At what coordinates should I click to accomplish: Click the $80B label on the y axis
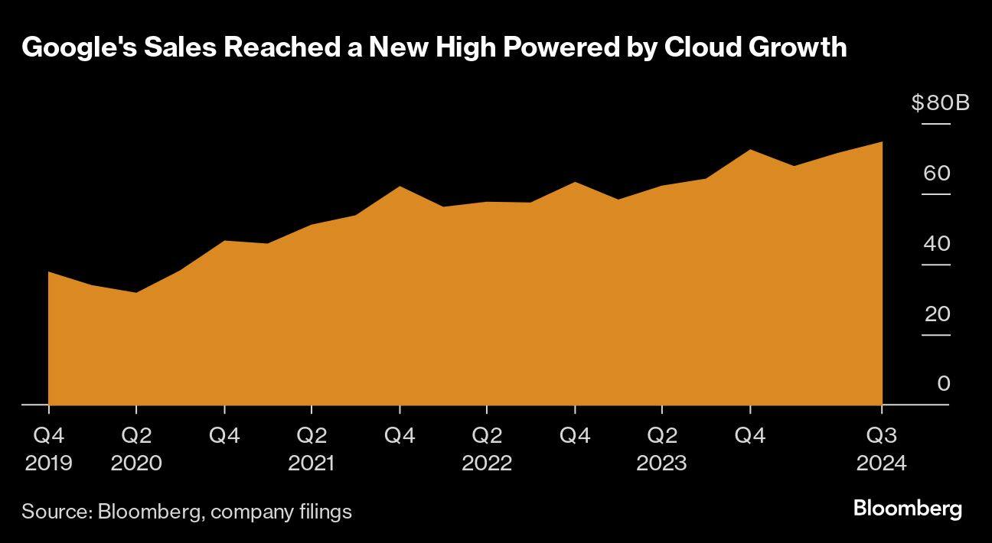coord(940,102)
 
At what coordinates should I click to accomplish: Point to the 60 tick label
coord(937,174)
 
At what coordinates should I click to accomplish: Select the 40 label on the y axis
coord(937,244)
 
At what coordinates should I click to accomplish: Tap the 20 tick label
coord(937,314)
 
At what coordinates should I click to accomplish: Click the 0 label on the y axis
coord(943,384)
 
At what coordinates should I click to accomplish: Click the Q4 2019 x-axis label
coord(48,449)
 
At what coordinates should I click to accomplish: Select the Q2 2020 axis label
coord(136,449)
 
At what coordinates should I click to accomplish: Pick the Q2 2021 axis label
coord(312,449)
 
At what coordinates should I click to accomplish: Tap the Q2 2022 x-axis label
coord(487,449)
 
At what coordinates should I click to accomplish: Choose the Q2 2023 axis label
coord(662,449)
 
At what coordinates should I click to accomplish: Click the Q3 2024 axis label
coord(882,449)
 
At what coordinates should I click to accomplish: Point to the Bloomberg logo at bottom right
coord(907,509)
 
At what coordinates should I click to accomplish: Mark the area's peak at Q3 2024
coord(883,142)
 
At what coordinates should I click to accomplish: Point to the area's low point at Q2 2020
coord(136,293)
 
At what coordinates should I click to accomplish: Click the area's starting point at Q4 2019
coord(49,272)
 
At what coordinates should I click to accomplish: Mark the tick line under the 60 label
coord(936,194)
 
